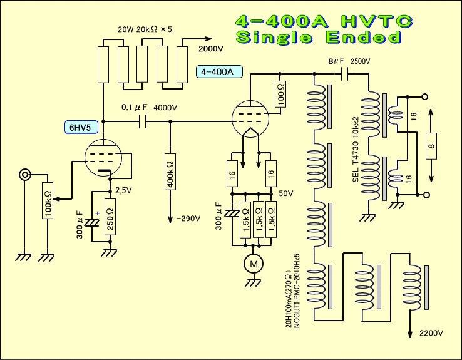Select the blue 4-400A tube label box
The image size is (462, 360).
[219, 71]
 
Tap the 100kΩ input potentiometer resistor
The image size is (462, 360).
[48, 200]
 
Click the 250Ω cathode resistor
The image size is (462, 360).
[110, 217]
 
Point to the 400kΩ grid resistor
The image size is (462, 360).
[170, 172]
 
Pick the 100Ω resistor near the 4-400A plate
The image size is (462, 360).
[280, 95]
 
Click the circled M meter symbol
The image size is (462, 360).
[254, 264]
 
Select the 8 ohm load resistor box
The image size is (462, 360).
[431, 146]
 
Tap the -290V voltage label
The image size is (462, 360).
[188, 219]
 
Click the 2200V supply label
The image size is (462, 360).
[431, 333]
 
